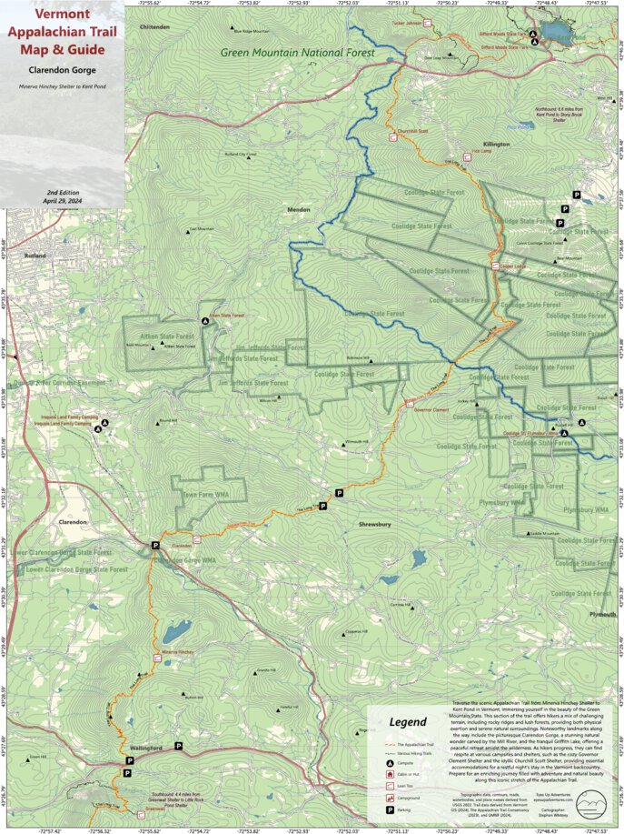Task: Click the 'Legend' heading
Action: tap(408, 723)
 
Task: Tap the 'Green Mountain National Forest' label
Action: tap(298, 53)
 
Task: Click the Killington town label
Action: tap(497, 144)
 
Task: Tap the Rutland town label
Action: tap(35, 256)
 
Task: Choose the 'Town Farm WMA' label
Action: tap(203, 494)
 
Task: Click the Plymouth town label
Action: tap(601, 615)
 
